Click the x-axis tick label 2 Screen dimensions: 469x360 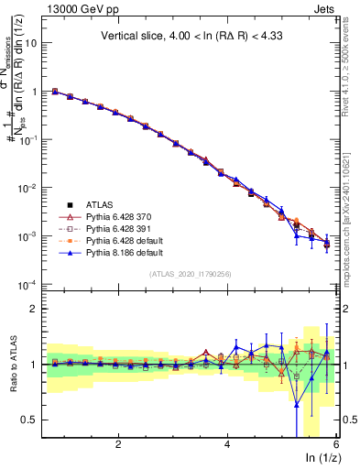click(118, 443)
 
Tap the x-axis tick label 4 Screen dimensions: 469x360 click(227, 443)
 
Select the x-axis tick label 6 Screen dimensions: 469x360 click(336, 443)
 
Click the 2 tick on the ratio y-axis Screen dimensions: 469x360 click(37, 309)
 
